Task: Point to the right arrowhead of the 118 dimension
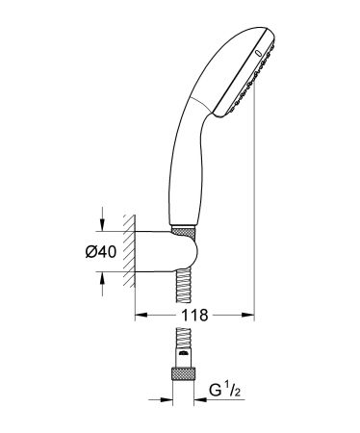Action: (249, 314)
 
